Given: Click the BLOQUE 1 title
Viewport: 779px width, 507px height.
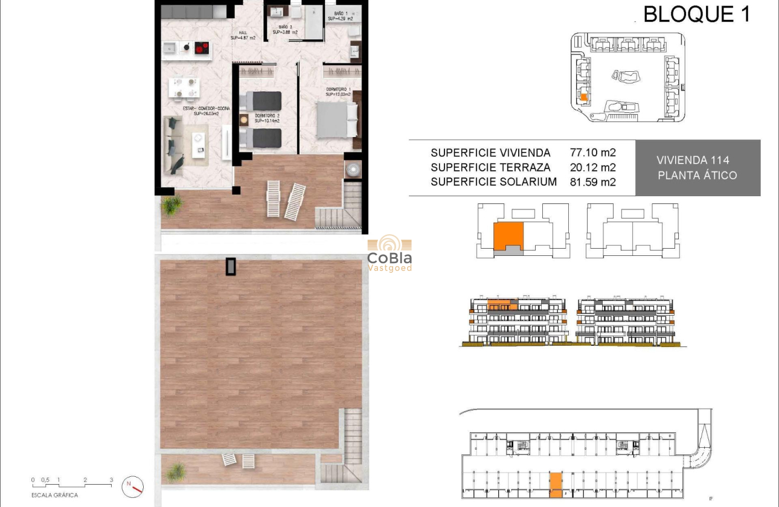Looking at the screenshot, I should [x=696, y=14].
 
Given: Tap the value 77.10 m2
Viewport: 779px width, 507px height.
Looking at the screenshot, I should [x=592, y=153].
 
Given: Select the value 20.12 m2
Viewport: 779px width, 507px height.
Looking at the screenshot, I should [x=592, y=167].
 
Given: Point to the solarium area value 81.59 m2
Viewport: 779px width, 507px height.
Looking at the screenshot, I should [x=592, y=182].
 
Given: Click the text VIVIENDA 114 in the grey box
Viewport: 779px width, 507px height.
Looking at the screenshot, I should [x=693, y=160].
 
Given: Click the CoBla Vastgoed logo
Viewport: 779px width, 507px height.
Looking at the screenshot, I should [x=389, y=254].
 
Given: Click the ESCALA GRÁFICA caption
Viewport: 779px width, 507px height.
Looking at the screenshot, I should [x=55, y=495].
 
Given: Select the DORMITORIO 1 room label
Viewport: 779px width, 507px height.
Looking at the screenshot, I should [x=338, y=90].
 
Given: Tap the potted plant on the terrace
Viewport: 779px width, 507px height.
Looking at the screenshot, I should [x=172, y=205].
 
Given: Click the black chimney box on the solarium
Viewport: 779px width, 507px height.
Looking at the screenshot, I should [x=231, y=266].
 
